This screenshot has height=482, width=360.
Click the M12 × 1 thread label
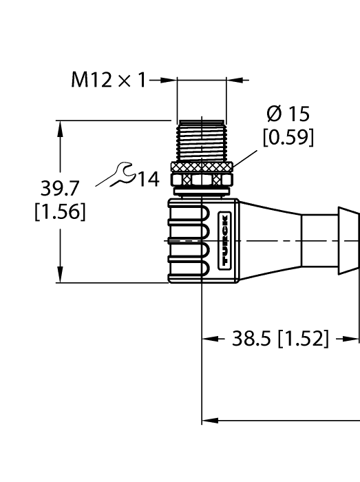(109, 81)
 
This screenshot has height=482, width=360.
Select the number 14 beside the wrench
(146, 180)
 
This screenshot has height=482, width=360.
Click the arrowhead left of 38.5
(208, 339)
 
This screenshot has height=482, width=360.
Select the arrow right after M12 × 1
(171, 81)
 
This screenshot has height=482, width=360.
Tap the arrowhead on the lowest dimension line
(208, 419)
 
